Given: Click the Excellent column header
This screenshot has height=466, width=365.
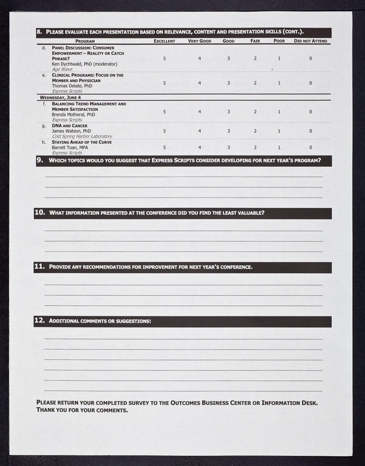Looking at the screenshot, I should (x=164, y=41).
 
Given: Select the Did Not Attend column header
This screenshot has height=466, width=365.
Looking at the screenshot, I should (x=310, y=41).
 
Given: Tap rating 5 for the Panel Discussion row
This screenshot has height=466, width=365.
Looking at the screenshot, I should (x=164, y=58).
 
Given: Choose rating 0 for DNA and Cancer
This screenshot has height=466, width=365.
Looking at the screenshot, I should (x=310, y=131).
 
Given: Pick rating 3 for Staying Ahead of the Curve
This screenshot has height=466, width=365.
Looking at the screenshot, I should (x=228, y=147).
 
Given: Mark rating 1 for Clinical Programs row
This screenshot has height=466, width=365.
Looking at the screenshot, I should (x=279, y=83).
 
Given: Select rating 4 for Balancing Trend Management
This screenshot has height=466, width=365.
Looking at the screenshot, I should (x=200, y=112).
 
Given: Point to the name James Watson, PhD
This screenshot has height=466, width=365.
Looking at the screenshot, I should (x=72, y=131).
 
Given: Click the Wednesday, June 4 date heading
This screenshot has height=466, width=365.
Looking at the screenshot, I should (x=60, y=97).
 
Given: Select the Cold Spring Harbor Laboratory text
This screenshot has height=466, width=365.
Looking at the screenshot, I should (x=82, y=136).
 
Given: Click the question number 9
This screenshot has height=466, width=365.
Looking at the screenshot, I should (x=40, y=160).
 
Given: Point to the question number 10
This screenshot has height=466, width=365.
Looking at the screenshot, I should (x=40, y=213).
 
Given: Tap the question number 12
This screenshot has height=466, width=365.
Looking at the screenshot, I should (x=40, y=321).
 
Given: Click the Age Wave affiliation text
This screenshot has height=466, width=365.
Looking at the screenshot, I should (x=62, y=69).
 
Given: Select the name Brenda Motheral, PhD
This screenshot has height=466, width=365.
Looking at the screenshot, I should (x=74, y=115).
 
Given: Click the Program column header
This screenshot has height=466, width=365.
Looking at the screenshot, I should (x=85, y=41).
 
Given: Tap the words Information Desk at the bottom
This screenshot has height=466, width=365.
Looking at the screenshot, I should (x=290, y=403).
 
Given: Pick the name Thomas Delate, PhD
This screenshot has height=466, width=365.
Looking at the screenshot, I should (x=72, y=86).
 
